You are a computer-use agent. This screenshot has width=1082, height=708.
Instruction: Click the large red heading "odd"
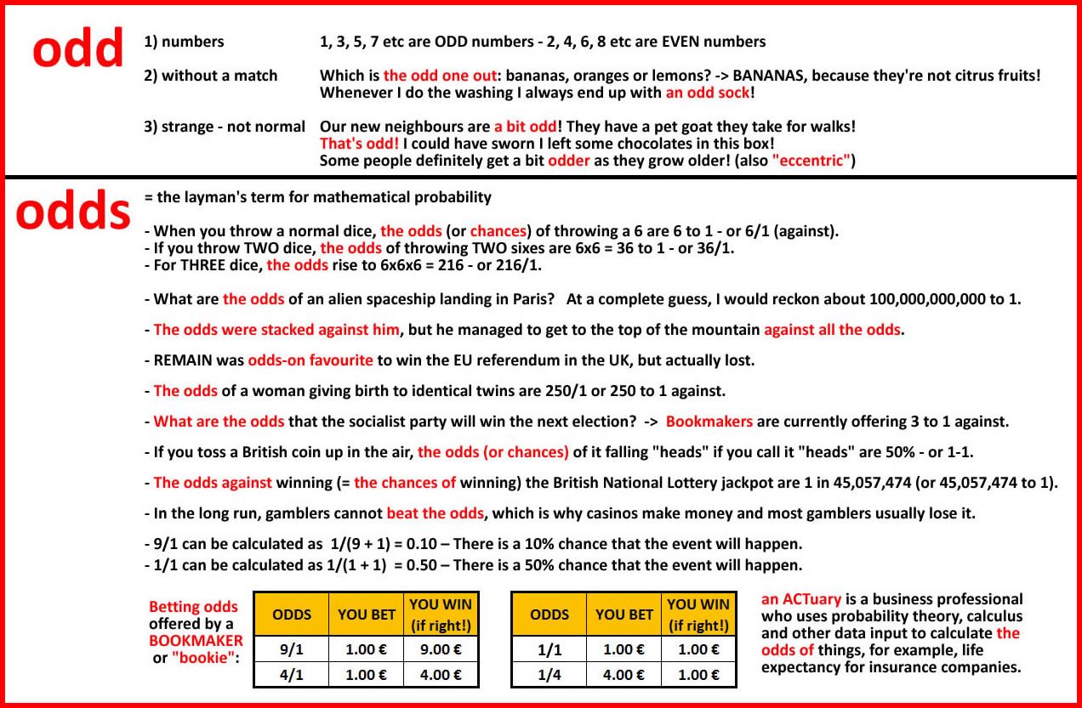click(x=78, y=50)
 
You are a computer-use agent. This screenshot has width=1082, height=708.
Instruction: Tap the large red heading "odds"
click(x=73, y=212)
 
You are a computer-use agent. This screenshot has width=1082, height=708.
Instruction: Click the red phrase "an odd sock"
click(x=708, y=93)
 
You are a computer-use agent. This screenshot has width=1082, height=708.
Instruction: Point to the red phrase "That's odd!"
click(x=359, y=144)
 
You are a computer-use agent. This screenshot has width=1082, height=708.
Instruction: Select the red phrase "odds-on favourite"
click(x=310, y=360)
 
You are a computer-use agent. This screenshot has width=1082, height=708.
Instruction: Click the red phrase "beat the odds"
click(x=436, y=513)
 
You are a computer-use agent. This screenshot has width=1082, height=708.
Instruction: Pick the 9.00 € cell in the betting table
click(x=441, y=649)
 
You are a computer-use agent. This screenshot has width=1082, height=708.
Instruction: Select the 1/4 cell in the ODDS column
click(x=549, y=675)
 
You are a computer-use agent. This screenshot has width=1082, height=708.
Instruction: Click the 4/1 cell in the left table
click(x=291, y=675)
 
